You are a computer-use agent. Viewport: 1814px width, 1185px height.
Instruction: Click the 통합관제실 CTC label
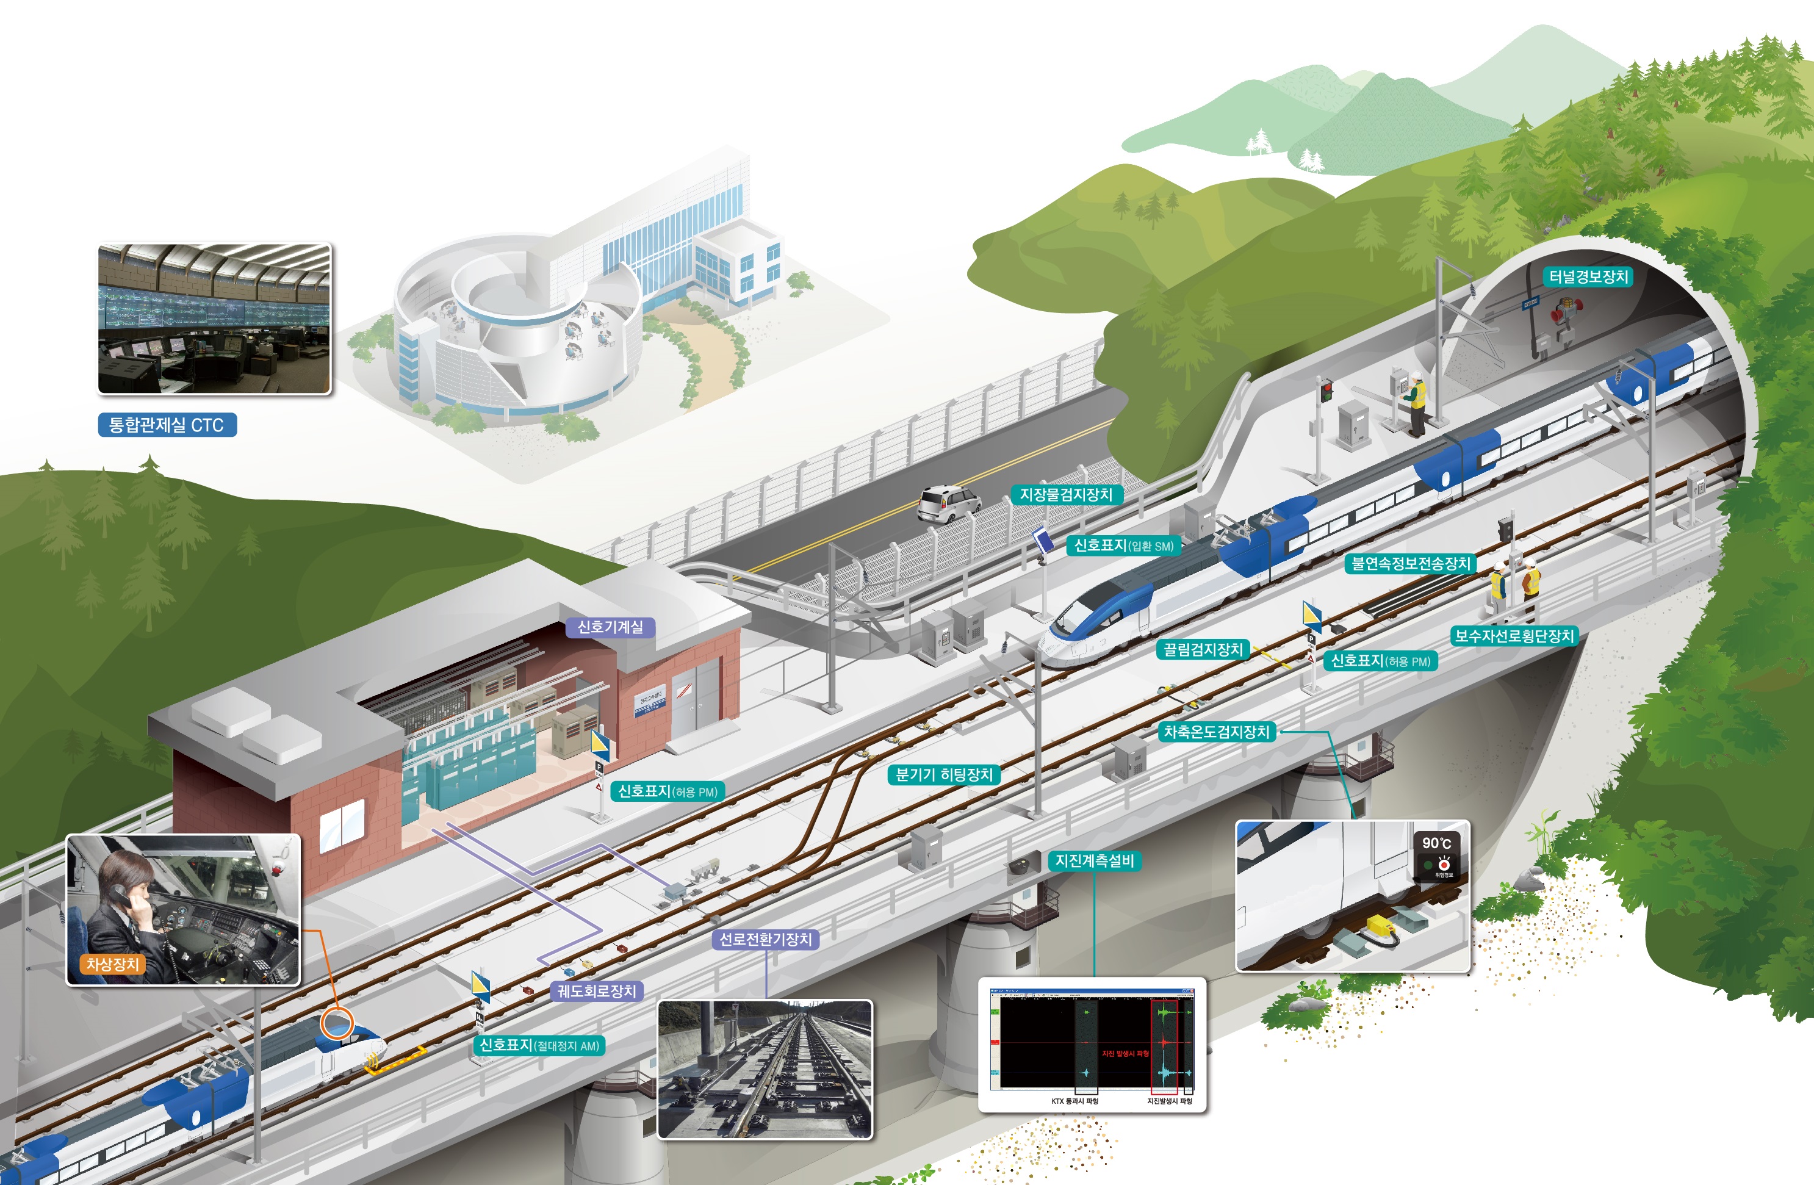point(167,425)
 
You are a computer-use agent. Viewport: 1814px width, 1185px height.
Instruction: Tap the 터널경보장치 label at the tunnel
point(1588,276)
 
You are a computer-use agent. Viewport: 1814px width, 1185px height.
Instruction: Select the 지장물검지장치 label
point(1065,495)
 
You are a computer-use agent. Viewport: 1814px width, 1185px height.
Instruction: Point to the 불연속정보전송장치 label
point(1410,563)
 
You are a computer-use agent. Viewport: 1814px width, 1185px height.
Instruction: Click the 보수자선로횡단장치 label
point(1514,636)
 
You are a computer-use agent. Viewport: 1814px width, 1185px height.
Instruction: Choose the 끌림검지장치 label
point(1203,649)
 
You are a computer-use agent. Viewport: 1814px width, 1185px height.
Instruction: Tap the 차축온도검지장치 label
point(1217,732)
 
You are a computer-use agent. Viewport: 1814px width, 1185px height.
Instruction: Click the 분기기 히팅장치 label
point(943,774)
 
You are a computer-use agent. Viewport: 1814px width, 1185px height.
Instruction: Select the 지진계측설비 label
point(1095,860)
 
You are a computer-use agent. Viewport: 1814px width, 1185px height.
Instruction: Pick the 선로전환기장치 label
point(766,939)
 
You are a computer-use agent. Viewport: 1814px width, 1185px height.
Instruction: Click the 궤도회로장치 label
point(596,991)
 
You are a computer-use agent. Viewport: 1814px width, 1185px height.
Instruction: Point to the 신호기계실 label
point(610,627)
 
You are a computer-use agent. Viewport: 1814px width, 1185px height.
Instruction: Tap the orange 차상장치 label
point(112,964)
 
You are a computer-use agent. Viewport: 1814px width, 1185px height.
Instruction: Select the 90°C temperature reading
point(1436,843)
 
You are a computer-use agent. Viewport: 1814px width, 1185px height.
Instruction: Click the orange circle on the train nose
point(336,1023)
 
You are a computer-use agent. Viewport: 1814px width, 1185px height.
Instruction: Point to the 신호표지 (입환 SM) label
point(1123,545)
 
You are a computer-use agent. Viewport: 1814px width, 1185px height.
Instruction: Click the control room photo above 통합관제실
point(214,319)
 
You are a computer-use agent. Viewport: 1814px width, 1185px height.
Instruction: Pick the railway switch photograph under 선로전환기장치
point(765,1069)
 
